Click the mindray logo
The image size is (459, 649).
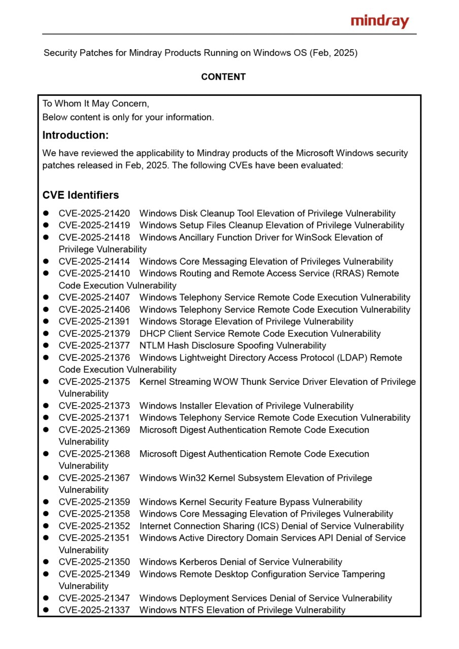point(379,21)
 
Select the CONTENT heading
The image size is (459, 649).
point(223,77)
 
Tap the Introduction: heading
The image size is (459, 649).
point(76,135)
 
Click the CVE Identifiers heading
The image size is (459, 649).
point(81,195)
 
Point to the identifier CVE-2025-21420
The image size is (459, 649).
point(94,213)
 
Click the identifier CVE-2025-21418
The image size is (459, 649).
point(94,237)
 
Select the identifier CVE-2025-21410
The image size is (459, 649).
point(94,273)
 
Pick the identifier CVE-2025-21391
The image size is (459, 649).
point(94,321)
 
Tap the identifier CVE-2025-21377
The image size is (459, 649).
point(94,346)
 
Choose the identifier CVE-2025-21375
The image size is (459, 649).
point(94,382)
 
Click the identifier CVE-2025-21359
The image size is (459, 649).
point(94,502)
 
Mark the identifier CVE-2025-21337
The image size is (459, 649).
point(94,610)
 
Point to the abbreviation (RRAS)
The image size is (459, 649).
point(345,273)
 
